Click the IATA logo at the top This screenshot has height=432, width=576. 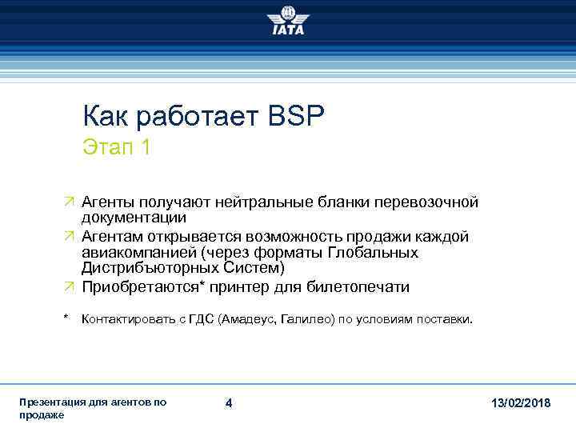287,22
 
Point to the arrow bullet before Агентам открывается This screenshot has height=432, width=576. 69,238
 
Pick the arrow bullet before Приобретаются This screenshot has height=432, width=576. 69,287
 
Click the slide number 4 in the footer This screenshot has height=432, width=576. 229,404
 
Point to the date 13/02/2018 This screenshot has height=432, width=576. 521,404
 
